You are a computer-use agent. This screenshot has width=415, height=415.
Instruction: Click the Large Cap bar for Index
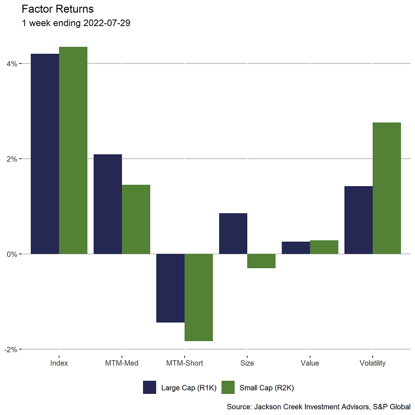tap(45, 154)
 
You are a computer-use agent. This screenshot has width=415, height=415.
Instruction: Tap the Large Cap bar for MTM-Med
tap(107, 204)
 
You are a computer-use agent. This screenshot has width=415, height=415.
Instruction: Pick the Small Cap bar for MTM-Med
tap(136, 219)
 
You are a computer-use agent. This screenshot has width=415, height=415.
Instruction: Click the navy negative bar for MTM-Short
tap(170, 288)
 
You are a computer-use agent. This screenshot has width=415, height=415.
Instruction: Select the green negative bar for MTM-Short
tap(198, 297)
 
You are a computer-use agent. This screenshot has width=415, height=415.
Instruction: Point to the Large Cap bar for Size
tap(233, 234)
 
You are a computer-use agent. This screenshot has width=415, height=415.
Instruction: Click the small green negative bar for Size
tap(261, 261)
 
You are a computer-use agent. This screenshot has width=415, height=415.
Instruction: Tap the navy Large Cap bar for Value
tap(295, 248)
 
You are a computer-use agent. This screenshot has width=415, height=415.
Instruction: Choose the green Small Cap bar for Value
tap(324, 247)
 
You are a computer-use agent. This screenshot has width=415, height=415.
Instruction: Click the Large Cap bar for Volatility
tap(359, 220)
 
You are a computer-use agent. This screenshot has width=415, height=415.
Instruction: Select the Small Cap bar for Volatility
tap(387, 188)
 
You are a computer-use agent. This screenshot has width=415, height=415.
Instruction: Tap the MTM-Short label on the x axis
tap(184, 363)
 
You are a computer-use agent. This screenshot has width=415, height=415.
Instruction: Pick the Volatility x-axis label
tap(372, 363)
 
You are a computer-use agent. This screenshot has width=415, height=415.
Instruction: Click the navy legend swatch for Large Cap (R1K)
tap(149, 387)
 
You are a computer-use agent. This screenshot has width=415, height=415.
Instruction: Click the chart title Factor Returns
tap(57, 9)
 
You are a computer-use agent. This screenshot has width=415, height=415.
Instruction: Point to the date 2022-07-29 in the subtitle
tap(107, 23)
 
